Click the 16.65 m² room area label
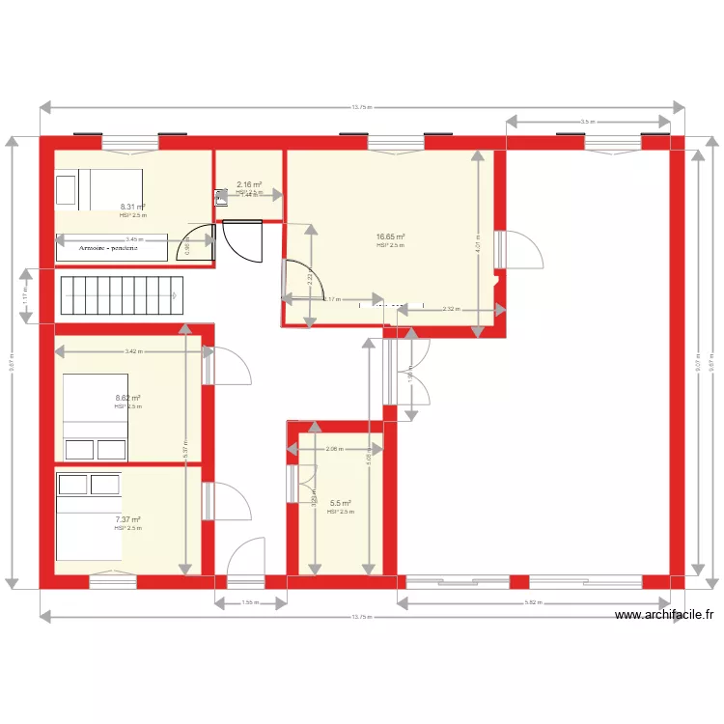tap(390, 237)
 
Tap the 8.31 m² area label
tap(132, 207)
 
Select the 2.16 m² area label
tap(249, 184)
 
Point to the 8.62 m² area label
tap(127, 398)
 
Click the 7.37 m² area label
tap(127, 519)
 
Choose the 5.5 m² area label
tap(340, 503)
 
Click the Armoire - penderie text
tap(110, 248)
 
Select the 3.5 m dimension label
tap(587, 122)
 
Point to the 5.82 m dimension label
tap(533, 603)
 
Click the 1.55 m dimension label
tap(250, 603)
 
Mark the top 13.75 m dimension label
tap(362, 107)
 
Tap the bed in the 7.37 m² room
tap(89, 515)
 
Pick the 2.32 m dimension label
tap(451, 310)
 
